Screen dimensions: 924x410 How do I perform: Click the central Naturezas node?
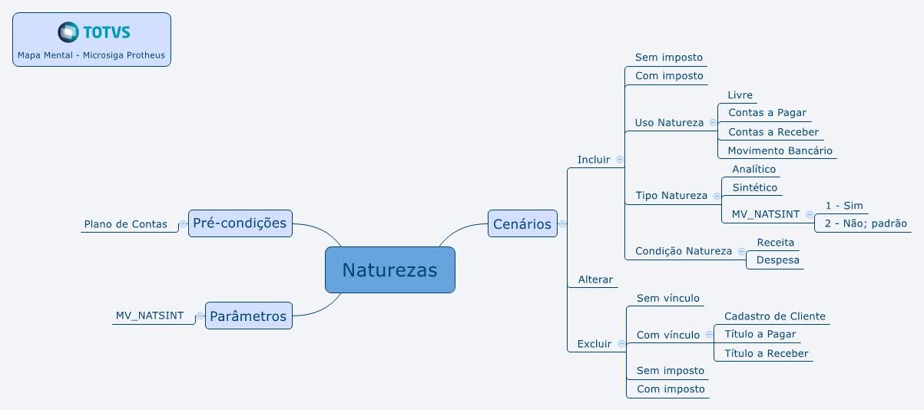[390, 269]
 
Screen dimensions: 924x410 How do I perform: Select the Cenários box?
[522, 223]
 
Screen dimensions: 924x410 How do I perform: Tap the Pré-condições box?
[240, 223]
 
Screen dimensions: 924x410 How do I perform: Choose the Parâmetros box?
[248, 316]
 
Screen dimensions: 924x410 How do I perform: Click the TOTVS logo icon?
[68, 32]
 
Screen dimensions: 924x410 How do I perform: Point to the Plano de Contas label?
[125, 224]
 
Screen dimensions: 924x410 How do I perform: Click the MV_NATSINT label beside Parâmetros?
[149, 316]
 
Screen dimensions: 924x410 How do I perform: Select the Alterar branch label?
[595, 279]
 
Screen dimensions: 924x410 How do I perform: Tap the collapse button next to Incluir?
[620, 159]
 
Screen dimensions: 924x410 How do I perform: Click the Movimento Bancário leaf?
[780, 150]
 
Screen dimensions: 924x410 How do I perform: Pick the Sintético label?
[754, 187]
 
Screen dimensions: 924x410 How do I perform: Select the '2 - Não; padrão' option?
[866, 223]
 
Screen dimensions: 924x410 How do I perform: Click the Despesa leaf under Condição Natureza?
[777, 260]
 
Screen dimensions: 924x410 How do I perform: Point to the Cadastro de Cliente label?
[775, 316]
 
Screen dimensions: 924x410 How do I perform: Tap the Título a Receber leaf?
[767, 353]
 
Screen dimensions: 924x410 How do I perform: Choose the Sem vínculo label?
[667, 298]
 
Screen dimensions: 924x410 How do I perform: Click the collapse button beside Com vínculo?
[709, 335]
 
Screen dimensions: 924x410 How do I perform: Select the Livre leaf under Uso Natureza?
[740, 95]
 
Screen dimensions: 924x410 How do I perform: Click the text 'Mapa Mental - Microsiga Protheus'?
[91, 55]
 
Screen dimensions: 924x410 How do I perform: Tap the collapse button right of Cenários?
[562, 223]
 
